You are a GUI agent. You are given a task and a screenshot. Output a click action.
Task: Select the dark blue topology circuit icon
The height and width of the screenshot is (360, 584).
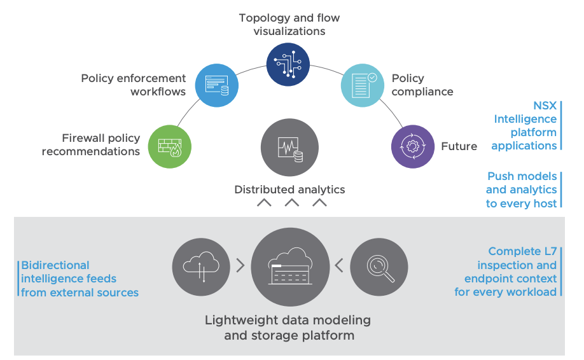(288, 64)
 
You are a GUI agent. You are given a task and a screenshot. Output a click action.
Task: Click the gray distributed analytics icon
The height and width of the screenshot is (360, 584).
(289, 147)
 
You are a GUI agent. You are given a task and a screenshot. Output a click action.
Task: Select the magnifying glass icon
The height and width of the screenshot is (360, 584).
(380, 268)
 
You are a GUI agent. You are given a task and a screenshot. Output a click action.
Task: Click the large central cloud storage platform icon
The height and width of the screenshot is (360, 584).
(290, 267)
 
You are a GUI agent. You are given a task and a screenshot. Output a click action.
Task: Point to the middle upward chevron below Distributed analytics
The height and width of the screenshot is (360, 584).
(291, 204)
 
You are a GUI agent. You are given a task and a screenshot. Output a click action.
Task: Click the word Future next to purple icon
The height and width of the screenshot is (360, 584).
(459, 146)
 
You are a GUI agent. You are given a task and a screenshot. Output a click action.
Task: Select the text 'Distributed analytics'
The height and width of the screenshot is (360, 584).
(289, 190)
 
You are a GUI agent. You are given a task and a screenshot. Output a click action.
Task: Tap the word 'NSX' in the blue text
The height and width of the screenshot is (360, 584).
(545, 106)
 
